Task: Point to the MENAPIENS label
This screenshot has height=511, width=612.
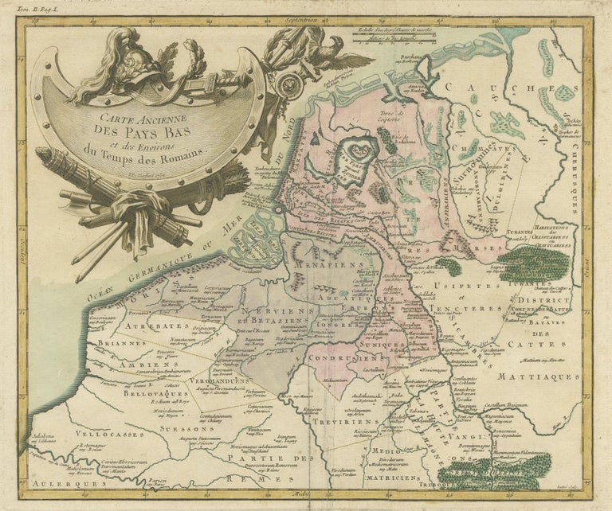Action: click(x=309, y=264)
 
